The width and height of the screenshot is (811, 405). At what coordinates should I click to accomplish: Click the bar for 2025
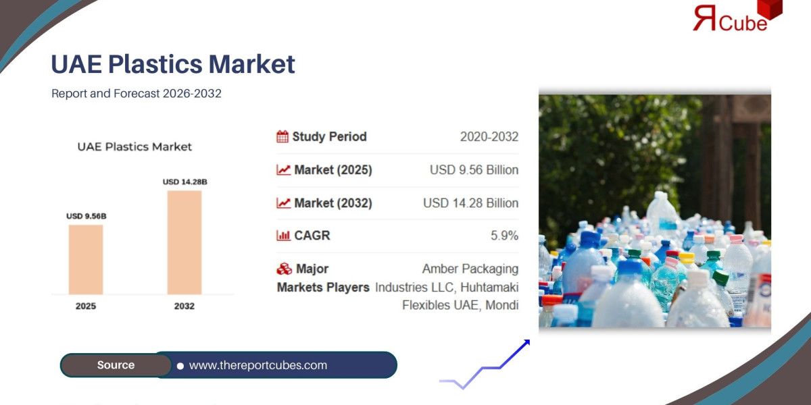click(86, 259)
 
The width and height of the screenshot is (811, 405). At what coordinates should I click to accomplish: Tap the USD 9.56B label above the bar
click(86, 216)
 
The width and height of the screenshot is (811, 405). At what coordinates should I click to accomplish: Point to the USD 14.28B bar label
click(185, 182)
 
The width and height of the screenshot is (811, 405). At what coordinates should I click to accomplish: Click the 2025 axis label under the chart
click(86, 306)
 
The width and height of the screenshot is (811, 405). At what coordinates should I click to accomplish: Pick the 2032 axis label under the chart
click(184, 306)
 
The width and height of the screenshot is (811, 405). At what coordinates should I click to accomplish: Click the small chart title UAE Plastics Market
click(134, 146)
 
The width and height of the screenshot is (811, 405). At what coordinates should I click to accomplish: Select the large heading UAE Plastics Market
click(173, 64)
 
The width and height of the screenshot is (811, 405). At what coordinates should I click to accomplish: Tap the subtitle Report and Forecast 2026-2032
click(137, 94)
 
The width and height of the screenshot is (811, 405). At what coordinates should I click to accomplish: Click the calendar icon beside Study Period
click(282, 137)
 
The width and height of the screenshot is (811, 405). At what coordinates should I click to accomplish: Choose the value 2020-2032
click(489, 137)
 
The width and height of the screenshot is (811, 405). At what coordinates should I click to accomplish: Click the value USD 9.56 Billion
click(474, 170)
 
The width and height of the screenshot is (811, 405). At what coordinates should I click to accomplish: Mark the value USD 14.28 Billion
click(470, 203)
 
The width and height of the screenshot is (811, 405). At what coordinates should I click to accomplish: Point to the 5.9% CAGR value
click(504, 236)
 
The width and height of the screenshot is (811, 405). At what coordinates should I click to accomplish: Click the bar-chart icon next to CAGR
click(283, 236)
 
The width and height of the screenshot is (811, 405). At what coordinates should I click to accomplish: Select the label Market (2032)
click(333, 203)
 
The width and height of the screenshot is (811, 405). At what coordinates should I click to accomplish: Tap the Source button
click(116, 365)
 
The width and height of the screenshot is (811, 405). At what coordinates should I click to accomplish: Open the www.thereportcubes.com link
click(257, 365)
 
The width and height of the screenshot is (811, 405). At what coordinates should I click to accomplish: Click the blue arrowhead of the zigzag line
click(524, 344)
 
